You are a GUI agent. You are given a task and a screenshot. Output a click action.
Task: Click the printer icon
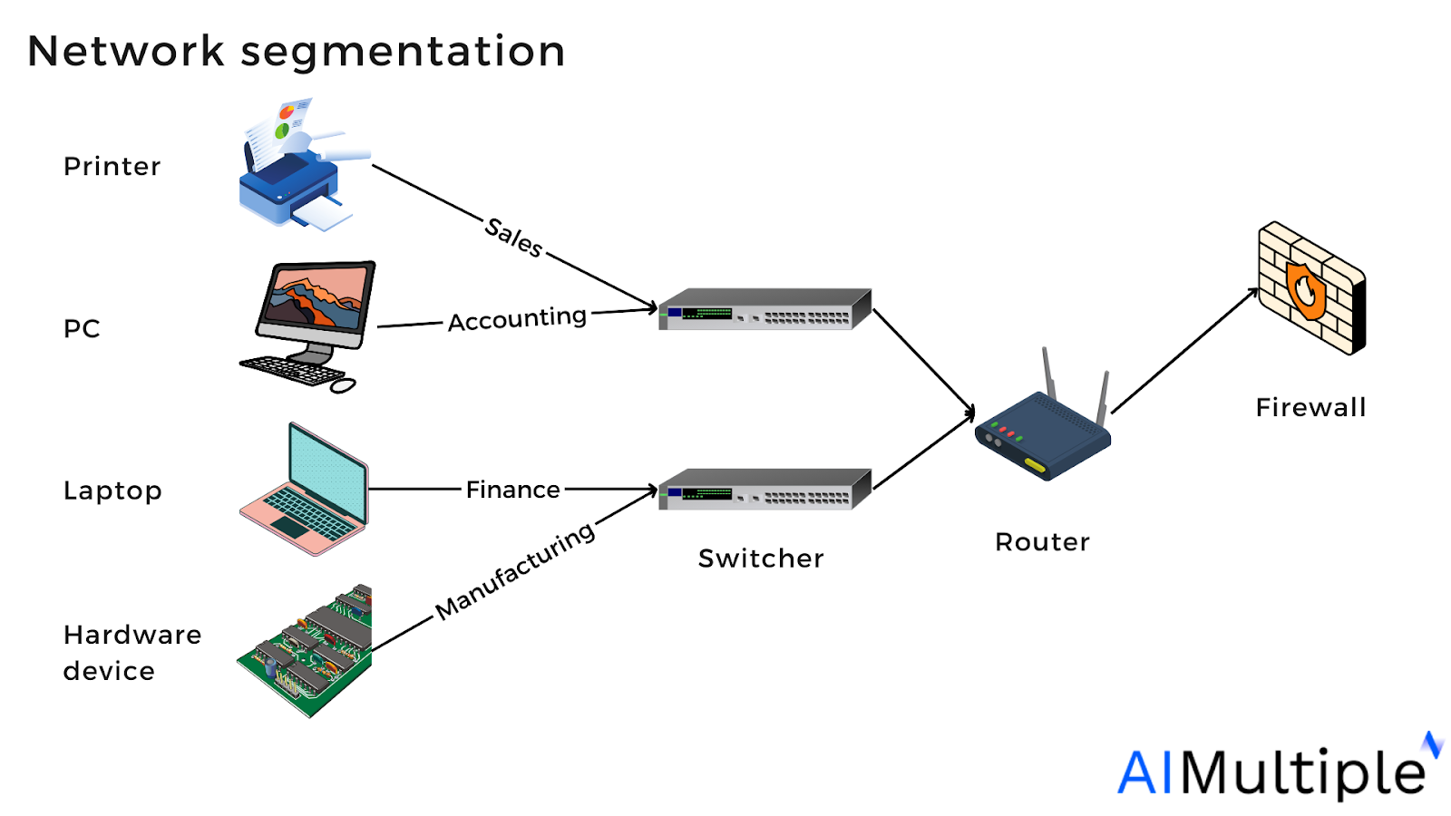(x=295, y=172)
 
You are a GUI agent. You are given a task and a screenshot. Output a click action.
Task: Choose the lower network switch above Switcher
(x=764, y=491)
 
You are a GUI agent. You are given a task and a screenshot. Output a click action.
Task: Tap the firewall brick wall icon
(x=1310, y=288)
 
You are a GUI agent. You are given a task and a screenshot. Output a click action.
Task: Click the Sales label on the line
(x=513, y=237)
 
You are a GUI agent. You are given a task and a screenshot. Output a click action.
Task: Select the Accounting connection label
(x=517, y=319)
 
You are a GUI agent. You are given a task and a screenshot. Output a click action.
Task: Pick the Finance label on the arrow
(x=512, y=490)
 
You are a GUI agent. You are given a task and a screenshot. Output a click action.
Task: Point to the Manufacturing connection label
(x=514, y=571)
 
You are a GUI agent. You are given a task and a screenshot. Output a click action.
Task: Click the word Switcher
(x=761, y=559)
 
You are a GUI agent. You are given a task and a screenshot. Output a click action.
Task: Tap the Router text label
(x=1042, y=542)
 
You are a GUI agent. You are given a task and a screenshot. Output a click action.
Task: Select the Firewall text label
(x=1310, y=408)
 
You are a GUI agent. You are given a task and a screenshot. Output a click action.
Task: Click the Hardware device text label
(x=131, y=653)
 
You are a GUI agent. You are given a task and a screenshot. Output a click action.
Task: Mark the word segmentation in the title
(x=403, y=52)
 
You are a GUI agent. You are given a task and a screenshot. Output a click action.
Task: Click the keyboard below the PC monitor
(x=292, y=370)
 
